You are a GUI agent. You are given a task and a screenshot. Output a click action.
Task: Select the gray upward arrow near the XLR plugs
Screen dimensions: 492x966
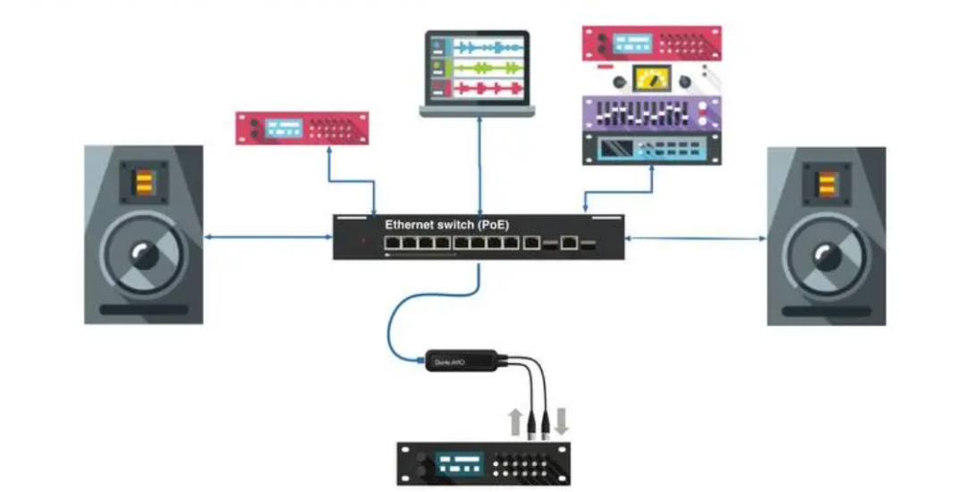pos(515,420)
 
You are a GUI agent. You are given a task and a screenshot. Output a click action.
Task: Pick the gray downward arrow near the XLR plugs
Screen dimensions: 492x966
pos(561,420)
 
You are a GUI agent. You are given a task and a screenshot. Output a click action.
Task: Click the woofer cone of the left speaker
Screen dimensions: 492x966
pos(144,256)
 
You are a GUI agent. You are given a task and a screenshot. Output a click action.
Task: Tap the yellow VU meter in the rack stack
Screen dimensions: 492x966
pos(651,79)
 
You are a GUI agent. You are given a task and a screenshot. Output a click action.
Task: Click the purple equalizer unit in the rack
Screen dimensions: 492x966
pos(651,114)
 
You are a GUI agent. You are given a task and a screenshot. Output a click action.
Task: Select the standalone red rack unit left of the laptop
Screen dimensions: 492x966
pos(301,128)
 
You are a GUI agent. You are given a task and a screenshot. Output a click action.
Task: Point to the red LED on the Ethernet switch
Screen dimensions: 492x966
pos(362,242)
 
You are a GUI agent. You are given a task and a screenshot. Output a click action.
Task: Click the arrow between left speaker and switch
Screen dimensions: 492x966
pos(268,237)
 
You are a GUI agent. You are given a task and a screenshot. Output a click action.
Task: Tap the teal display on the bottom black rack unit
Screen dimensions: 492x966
pos(460,464)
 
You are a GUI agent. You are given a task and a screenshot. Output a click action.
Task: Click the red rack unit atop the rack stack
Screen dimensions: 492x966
pos(651,43)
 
